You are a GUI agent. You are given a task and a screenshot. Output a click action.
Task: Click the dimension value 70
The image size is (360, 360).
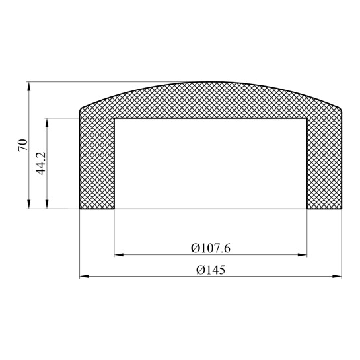(x=22, y=145)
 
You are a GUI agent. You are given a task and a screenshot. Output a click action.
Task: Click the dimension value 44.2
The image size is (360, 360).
(x=41, y=163)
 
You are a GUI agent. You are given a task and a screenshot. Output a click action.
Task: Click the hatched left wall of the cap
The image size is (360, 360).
(x=97, y=165)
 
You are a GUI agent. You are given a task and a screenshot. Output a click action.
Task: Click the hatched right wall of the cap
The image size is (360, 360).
(x=325, y=165)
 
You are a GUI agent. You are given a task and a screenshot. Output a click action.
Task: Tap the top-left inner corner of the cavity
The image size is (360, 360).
(x=115, y=119)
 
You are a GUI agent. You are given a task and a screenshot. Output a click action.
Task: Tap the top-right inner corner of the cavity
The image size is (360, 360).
(x=307, y=119)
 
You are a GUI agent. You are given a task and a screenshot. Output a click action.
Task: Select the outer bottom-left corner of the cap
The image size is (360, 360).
(x=80, y=209)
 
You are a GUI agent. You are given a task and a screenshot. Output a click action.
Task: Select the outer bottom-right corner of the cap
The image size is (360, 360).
(x=343, y=209)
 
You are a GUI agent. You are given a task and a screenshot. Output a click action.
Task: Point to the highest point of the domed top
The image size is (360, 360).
(x=211, y=83)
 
